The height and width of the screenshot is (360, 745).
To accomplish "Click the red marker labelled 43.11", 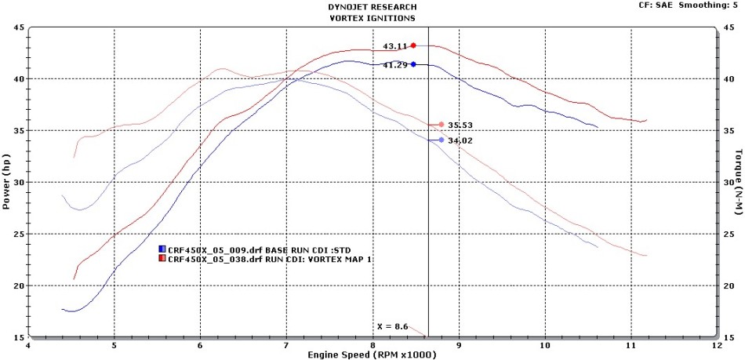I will tap(413, 45).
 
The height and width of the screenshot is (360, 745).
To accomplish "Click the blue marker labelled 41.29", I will tap(413, 64).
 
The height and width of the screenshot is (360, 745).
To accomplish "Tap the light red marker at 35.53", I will tap(442, 125).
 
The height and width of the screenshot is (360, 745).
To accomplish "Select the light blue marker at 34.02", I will tap(442, 140).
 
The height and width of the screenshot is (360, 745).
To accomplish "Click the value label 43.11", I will tap(394, 46).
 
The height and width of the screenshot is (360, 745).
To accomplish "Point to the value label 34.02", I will tap(460, 140).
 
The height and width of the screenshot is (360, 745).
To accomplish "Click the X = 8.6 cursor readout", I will tap(393, 325).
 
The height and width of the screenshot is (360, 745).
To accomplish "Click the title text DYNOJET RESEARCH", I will tap(372, 6).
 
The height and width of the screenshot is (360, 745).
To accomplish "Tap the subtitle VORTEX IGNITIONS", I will tap(372, 16).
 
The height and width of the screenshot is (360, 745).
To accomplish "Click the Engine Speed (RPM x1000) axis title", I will tap(372, 355).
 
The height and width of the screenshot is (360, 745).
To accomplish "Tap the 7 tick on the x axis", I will tap(287, 345).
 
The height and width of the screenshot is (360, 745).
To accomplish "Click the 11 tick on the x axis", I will tap(631, 345).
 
